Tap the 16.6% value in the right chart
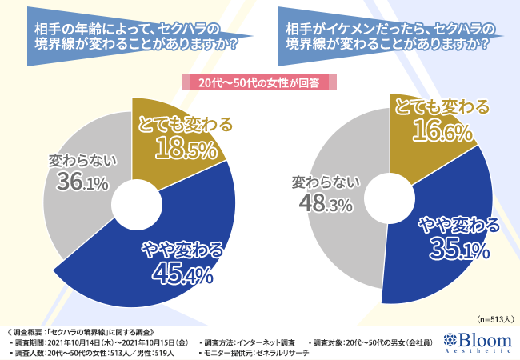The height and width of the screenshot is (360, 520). pyautogui.click(x=439, y=131)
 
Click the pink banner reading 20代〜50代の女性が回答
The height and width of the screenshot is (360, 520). pyautogui.click(x=260, y=82)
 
